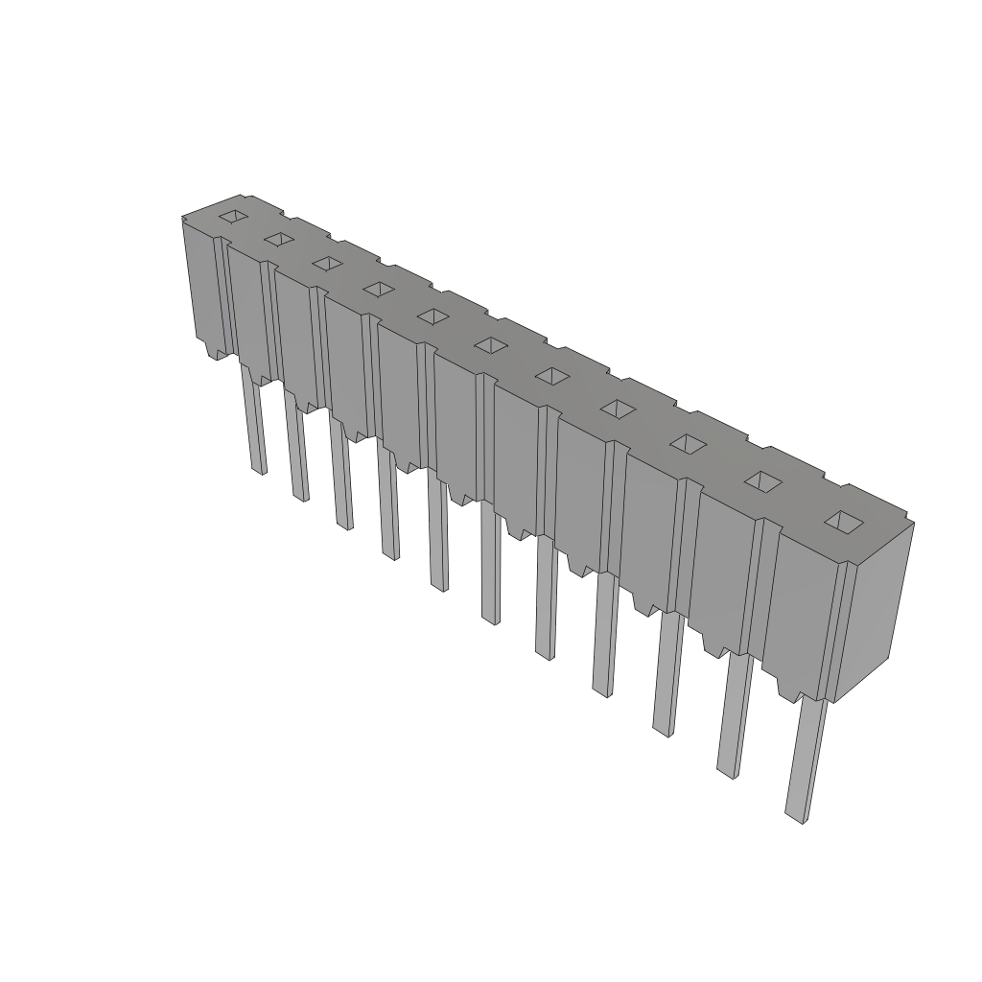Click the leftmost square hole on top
click(233, 217)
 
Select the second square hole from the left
click(279, 238)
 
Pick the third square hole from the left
click(327, 263)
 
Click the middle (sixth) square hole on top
click(491, 344)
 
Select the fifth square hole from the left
click(433, 316)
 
